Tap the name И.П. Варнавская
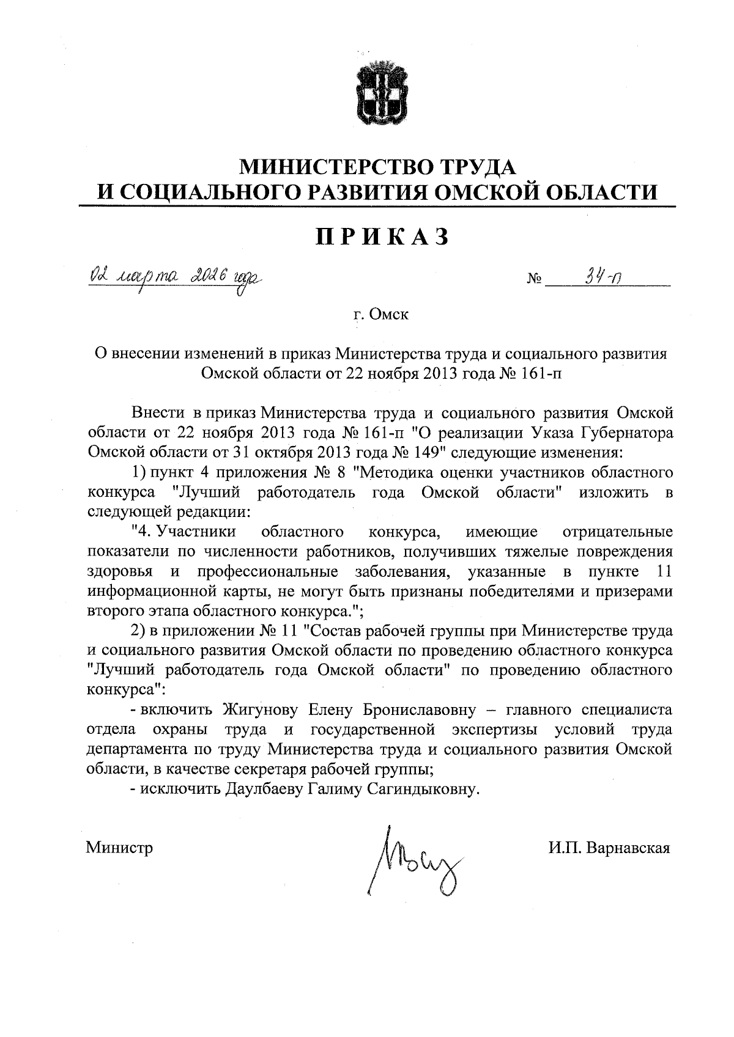(610, 848)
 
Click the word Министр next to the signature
(119, 848)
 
